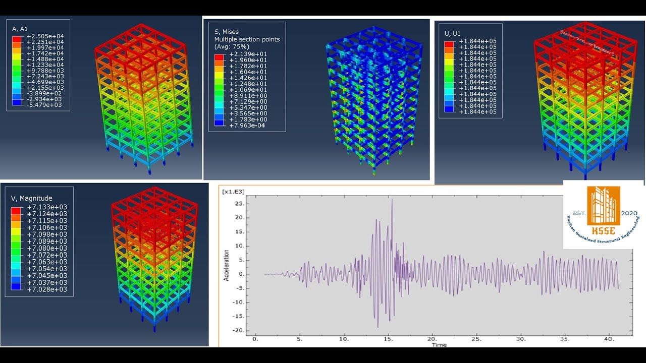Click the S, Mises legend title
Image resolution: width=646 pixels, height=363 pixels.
[227, 32]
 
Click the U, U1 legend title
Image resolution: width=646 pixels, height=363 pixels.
[452, 33]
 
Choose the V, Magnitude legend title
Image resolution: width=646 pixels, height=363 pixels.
[31, 198]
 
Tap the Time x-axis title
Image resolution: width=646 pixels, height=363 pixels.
[439, 345]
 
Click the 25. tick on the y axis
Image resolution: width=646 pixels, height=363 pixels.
[239, 204]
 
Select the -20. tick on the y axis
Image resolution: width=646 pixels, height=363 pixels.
[237, 330]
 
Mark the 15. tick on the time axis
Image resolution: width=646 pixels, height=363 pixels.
[387, 339]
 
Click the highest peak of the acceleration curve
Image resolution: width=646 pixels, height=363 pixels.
[392, 200]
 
